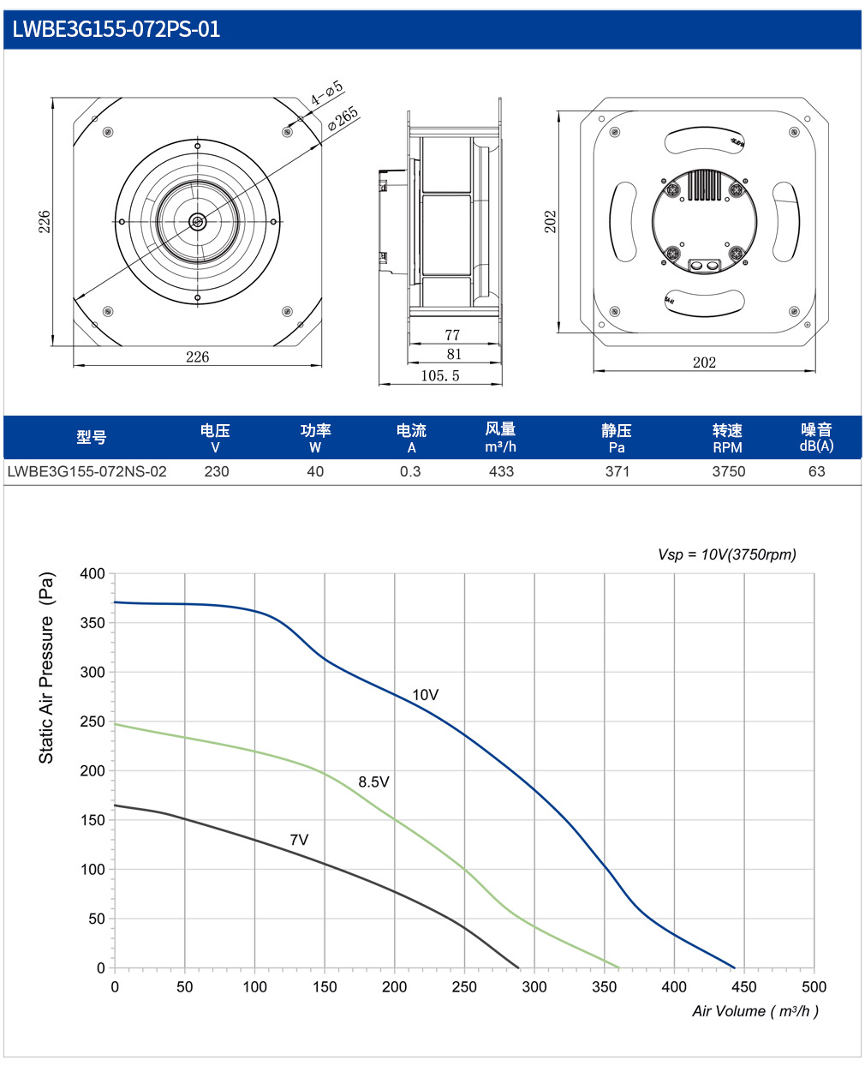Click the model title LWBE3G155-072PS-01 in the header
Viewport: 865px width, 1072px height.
[x=116, y=29]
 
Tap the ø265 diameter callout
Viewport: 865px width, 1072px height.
[x=343, y=119]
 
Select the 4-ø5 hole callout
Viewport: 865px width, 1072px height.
[x=327, y=92]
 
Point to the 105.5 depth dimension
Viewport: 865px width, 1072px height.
[x=440, y=375]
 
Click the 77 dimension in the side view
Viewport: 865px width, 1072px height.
[x=452, y=335]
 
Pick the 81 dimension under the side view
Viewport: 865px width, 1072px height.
[x=454, y=354]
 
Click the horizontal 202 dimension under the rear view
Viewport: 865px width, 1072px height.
[x=704, y=362]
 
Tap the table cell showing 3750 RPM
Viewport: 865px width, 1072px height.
[x=728, y=471]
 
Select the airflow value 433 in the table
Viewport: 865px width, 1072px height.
[x=501, y=471]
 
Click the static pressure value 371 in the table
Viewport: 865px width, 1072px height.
[x=617, y=471]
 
